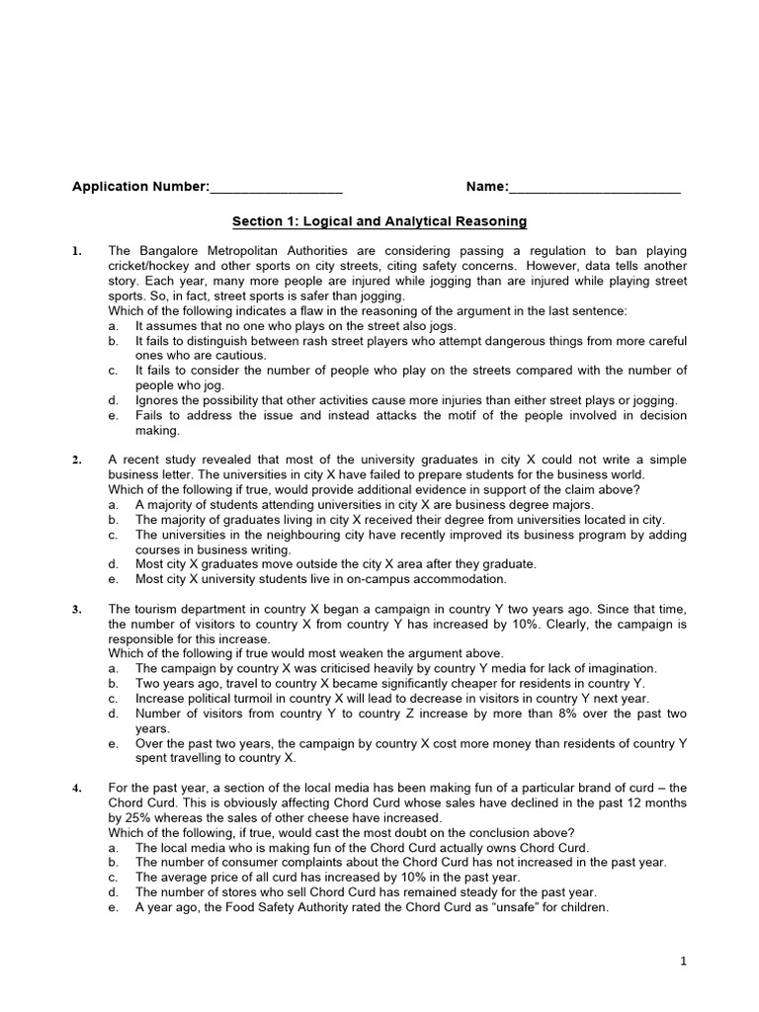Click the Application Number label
(x=140, y=187)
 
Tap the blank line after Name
(x=595, y=188)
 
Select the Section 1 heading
(x=379, y=221)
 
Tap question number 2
(x=76, y=460)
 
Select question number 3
(x=76, y=609)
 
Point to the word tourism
(x=159, y=609)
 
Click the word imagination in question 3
(x=621, y=668)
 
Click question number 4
(x=76, y=788)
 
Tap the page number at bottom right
(x=682, y=960)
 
